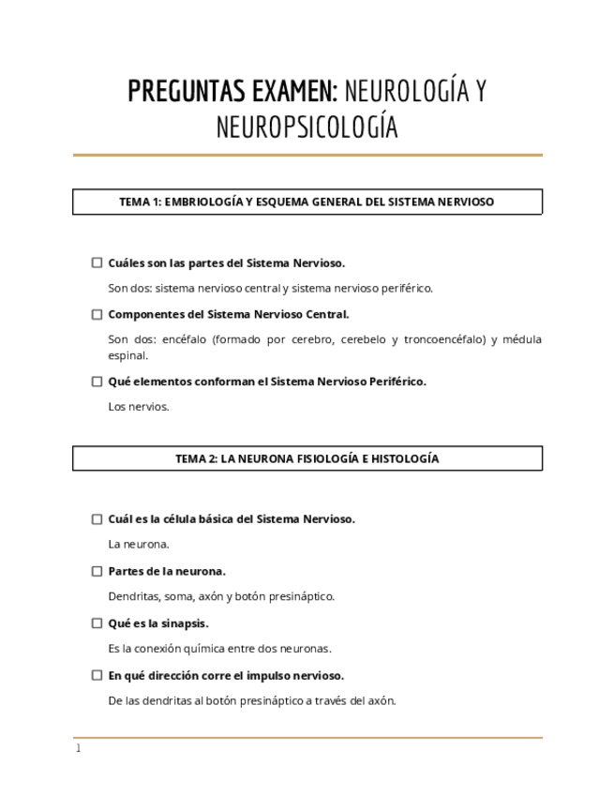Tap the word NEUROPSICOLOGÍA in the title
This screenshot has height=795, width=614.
point(307,127)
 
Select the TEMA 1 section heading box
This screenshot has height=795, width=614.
point(307,202)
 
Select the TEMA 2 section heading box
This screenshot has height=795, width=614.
point(307,458)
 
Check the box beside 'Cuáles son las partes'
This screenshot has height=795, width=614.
point(97,263)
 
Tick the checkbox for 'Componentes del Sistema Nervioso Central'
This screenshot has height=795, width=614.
point(97,315)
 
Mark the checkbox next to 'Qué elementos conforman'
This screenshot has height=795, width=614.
point(97,382)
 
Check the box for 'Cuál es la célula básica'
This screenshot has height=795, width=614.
point(97,519)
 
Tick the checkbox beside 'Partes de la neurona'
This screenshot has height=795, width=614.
point(97,571)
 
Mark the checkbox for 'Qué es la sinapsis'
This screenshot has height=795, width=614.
point(97,623)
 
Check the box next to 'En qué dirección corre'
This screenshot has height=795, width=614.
point(97,675)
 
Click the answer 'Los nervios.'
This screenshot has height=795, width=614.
point(139,407)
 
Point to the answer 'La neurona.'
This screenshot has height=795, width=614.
point(139,544)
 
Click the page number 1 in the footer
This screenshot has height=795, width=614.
point(79,749)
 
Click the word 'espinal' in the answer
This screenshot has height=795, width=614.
point(127,355)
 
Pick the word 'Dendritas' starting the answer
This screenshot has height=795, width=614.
point(133,596)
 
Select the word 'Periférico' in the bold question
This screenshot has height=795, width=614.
point(397,382)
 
